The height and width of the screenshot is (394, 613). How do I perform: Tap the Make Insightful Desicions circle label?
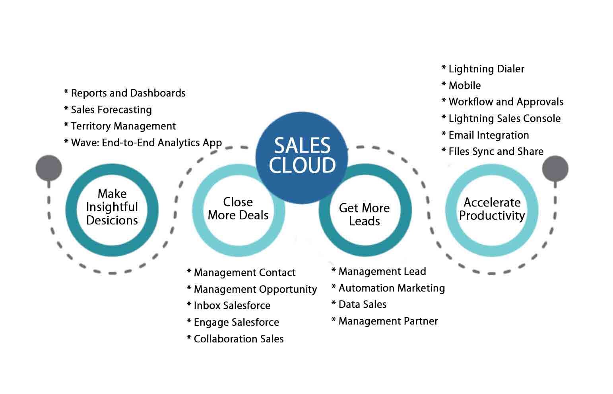click(x=112, y=207)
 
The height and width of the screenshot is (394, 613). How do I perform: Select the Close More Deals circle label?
click(x=238, y=209)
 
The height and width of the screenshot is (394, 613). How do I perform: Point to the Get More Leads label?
click(x=364, y=214)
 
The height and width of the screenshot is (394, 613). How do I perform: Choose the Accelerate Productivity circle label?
click(x=492, y=209)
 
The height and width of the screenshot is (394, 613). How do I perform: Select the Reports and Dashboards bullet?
click(x=124, y=93)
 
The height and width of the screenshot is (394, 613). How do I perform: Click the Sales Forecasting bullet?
click(x=108, y=110)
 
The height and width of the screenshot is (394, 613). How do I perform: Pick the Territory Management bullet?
click(x=120, y=126)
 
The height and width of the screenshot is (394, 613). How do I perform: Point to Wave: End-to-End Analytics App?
click(x=143, y=143)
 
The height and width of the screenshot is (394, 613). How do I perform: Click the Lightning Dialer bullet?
click(x=483, y=69)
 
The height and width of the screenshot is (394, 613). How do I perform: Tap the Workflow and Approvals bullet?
click(x=502, y=102)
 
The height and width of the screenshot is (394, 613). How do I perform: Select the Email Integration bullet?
click(x=485, y=135)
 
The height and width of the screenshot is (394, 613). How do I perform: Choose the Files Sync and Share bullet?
click(x=492, y=152)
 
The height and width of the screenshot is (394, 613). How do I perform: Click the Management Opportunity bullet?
click(x=252, y=290)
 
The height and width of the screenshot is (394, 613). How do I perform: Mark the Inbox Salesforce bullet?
click(x=229, y=306)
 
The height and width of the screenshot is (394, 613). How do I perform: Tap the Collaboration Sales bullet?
click(x=235, y=339)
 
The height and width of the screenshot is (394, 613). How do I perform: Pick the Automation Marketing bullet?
click(x=388, y=288)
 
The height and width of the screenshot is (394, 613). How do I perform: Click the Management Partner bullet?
click(x=384, y=321)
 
